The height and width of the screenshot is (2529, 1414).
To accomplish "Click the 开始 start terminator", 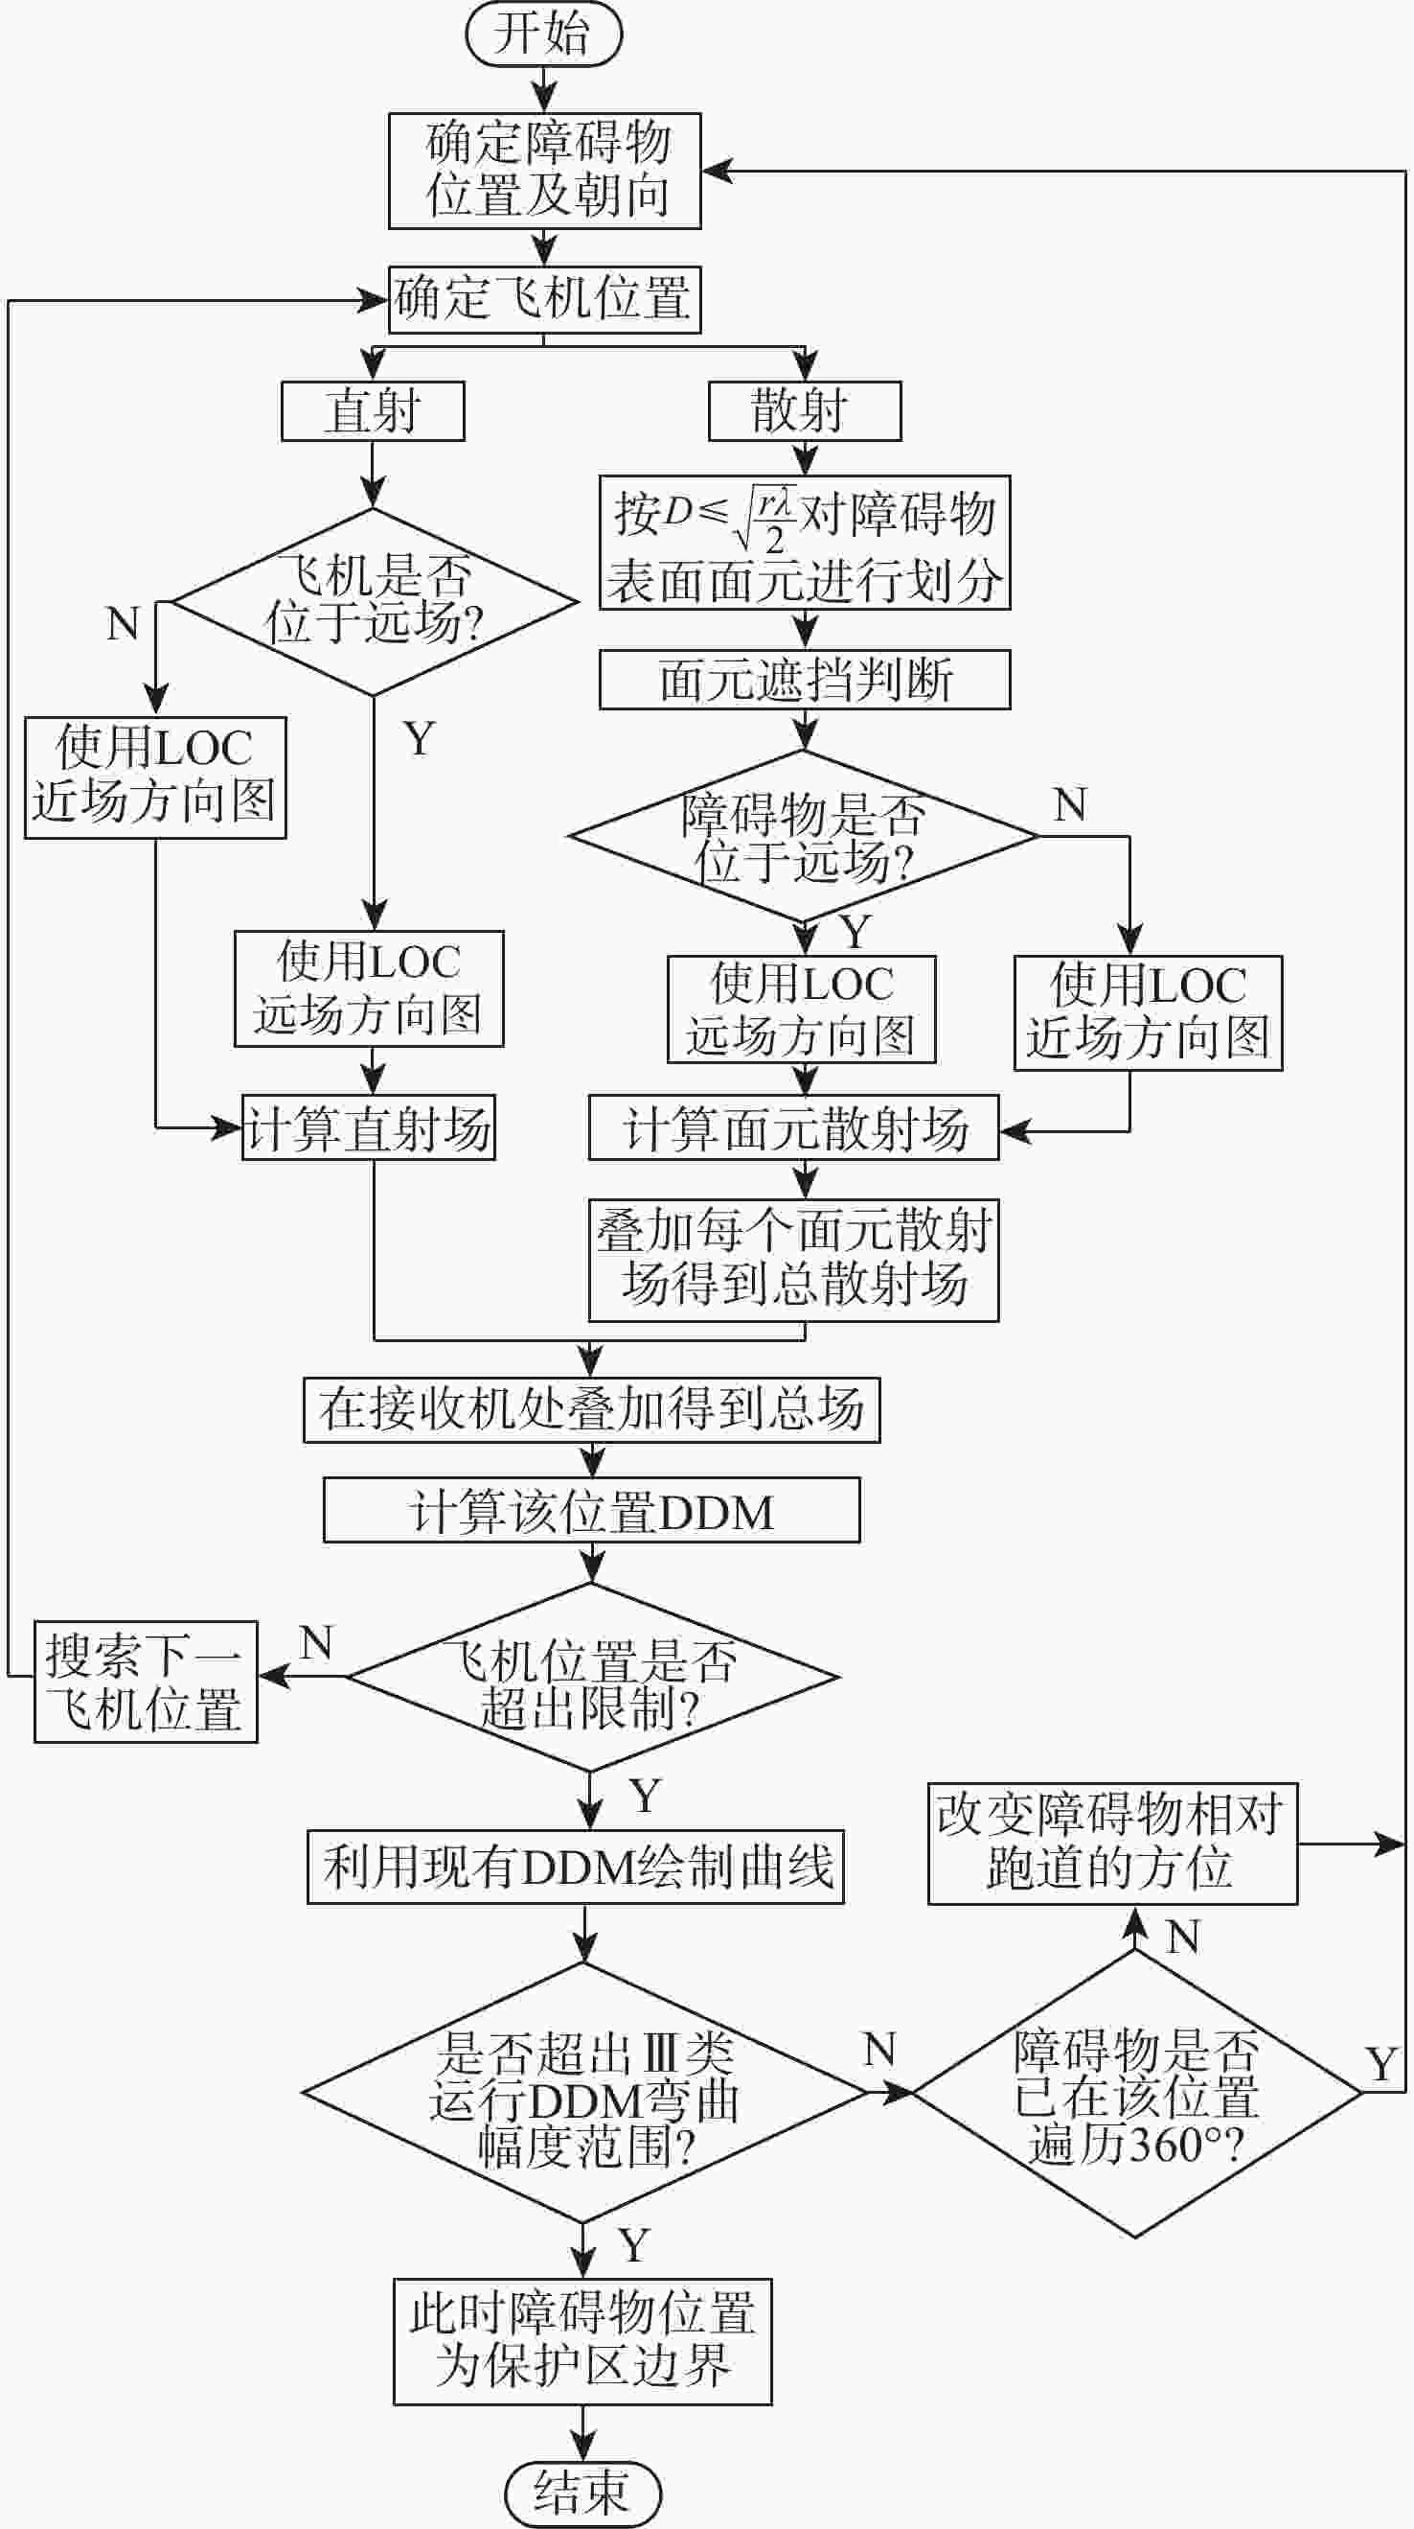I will click(543, 34).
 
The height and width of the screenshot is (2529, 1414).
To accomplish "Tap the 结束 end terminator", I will click(582, 2492).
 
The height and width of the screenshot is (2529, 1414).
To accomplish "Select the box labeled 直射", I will click(373, 410).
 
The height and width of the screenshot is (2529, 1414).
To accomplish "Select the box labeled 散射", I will click(805, 410).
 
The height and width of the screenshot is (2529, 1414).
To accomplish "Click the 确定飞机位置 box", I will click(543, 298).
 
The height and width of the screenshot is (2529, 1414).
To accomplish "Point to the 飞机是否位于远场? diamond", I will click(374, 601).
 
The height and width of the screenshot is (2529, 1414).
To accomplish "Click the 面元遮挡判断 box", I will click(805, 680).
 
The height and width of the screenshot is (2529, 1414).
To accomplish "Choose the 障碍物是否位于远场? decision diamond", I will click(803, 837).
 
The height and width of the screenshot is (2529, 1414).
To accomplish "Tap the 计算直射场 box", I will click(369, 1128).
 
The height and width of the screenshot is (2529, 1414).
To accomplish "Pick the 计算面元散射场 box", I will click(794, 1128).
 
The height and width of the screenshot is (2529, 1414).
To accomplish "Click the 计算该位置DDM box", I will click(592, 1510).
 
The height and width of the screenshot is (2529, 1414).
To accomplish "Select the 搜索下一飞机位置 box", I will click(147, 1682).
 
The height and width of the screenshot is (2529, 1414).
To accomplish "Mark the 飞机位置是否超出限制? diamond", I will click(592, 1677).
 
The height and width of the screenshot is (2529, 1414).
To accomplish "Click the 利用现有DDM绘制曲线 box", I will click(576, 1867).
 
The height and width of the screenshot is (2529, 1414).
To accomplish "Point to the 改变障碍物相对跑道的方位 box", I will click(1113, 1844).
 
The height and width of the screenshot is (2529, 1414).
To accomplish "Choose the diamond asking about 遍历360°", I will click(1136, 2093).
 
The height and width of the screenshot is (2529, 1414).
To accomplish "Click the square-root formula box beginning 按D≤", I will click(805, 543).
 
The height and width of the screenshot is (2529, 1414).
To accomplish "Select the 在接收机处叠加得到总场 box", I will click(592, 1410).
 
